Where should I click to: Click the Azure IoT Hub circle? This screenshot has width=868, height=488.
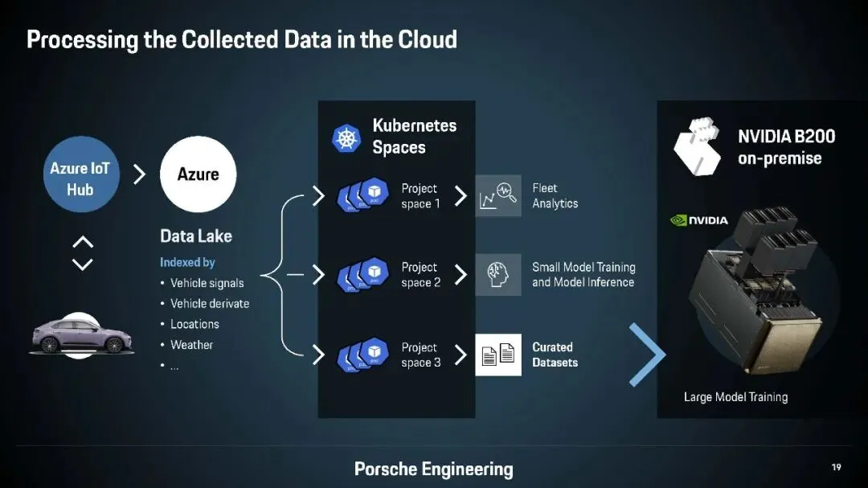[x=80, y=178]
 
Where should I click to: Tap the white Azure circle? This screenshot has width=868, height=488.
[x=198, y=174]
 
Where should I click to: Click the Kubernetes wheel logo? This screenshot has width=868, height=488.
[x=347, y=137]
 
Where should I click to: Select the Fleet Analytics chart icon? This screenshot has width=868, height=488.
[x=497, y=196]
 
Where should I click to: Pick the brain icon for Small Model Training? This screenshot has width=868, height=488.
[x=497, y=274]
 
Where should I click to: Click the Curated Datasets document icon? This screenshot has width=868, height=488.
[x=497, y=355]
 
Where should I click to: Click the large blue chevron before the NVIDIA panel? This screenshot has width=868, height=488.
[x=647, y=355]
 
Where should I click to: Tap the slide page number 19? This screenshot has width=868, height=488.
[x=837, y=467]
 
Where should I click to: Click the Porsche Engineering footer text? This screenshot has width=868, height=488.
[x=433, y=469]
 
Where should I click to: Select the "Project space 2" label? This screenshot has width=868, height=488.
[x=420, y=275]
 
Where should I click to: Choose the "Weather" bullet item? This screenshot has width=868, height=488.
[x=191, y=345]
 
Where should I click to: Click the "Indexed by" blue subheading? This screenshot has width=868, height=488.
[x=187, y=262]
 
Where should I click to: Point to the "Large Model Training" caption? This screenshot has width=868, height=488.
[x=735, y=397]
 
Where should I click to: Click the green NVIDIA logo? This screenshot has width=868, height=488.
[x=699, y=220]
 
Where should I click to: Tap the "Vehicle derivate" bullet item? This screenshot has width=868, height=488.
[x=209, y=304]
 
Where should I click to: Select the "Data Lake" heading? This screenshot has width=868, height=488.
[x=196, y=236]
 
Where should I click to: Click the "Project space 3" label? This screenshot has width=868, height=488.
[x=420, y=355]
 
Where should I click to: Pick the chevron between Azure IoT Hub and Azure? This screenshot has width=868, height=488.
[x=138, y=174]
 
